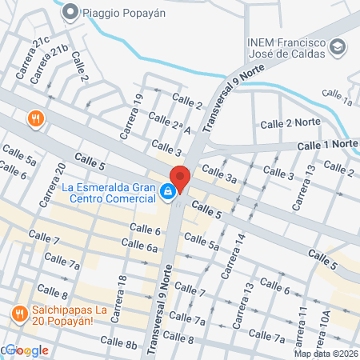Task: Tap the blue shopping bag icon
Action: click(167, 192)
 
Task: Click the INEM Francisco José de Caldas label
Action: click(288, 47)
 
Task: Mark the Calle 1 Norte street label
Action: click(327, 144)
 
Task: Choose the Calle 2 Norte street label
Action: click(290, 123)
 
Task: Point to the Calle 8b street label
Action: click(119, 342)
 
